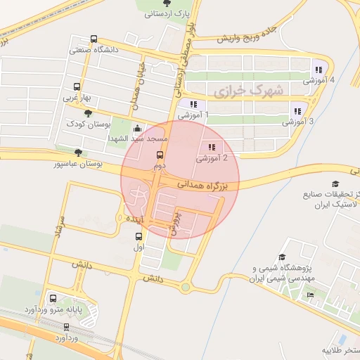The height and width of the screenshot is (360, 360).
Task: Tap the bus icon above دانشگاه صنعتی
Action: pos(94,40)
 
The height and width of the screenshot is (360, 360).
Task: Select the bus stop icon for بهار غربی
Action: pos(76,88)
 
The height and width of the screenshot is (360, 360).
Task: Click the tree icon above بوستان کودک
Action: pos(87,113)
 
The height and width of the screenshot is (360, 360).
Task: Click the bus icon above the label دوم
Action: pos(159,155)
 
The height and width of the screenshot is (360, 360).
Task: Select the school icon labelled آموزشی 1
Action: pos(192,104)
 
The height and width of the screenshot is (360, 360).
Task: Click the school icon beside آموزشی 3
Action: pos(295,110)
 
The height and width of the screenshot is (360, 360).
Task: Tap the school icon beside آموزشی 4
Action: pos(318,70)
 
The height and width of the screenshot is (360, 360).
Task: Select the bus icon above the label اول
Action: pos(139,237)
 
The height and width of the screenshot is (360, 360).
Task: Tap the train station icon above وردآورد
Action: pos(67,327)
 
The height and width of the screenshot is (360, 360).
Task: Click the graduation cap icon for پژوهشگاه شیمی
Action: pos(282,258)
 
